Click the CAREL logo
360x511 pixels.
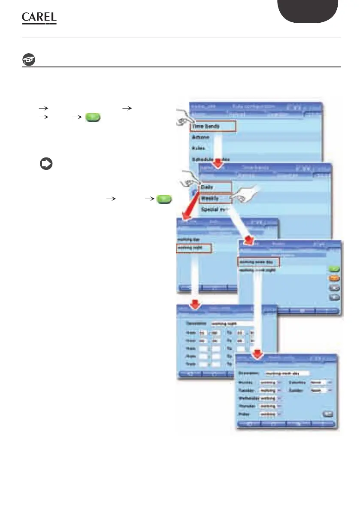[x=39, y=18]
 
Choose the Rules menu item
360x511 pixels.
[x=198, y=149]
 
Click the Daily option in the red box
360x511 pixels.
[x=215, y=187]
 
